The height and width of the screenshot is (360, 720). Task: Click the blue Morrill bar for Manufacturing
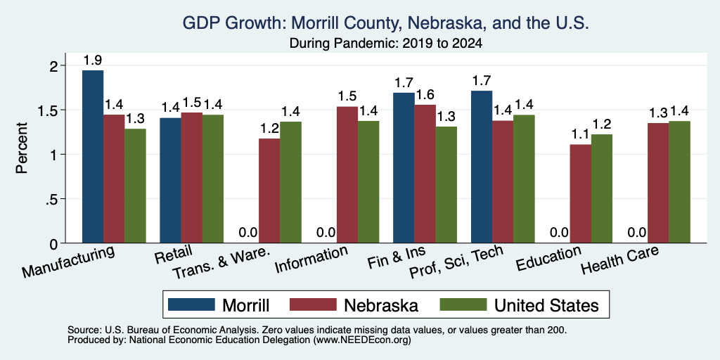(93, 157)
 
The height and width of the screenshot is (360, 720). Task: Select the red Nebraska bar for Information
(347, 174)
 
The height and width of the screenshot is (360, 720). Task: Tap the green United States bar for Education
(602, 188)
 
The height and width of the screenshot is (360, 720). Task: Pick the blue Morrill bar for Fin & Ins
(404, 167)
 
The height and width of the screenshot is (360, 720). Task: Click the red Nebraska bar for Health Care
(658, 183)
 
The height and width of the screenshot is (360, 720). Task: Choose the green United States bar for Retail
(213, 179)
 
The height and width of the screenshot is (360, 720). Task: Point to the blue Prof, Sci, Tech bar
(482, 167)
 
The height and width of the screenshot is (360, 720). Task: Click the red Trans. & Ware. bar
(269, 191)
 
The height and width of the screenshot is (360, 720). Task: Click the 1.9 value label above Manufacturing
(93, 60)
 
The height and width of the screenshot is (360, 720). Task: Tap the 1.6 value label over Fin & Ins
(425, 95)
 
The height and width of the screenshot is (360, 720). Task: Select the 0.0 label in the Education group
(559, 232)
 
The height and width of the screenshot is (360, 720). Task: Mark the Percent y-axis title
(22, 148)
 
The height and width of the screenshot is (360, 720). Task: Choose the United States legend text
(546, 305)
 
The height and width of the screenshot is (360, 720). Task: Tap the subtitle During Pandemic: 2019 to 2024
(385, 44)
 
